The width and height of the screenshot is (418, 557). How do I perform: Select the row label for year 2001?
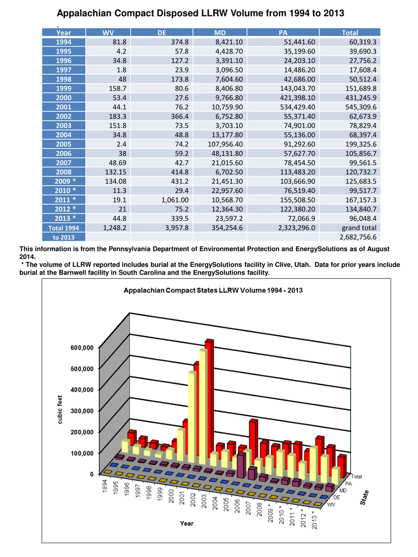[64, 107]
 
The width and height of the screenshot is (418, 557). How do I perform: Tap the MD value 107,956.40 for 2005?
[225, 144]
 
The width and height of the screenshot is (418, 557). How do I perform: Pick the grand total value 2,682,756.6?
[358, 237]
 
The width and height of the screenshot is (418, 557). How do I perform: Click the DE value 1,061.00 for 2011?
[175, 200]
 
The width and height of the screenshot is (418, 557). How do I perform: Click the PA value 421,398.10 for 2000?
[297, 98]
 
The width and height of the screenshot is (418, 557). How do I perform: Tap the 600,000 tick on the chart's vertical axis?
[82, 348]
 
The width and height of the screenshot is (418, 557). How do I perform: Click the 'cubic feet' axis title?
[60, 409]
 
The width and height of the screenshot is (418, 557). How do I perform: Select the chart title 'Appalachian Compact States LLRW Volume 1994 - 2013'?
[213, 290]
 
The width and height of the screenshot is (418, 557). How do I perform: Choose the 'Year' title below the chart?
[187, 524]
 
